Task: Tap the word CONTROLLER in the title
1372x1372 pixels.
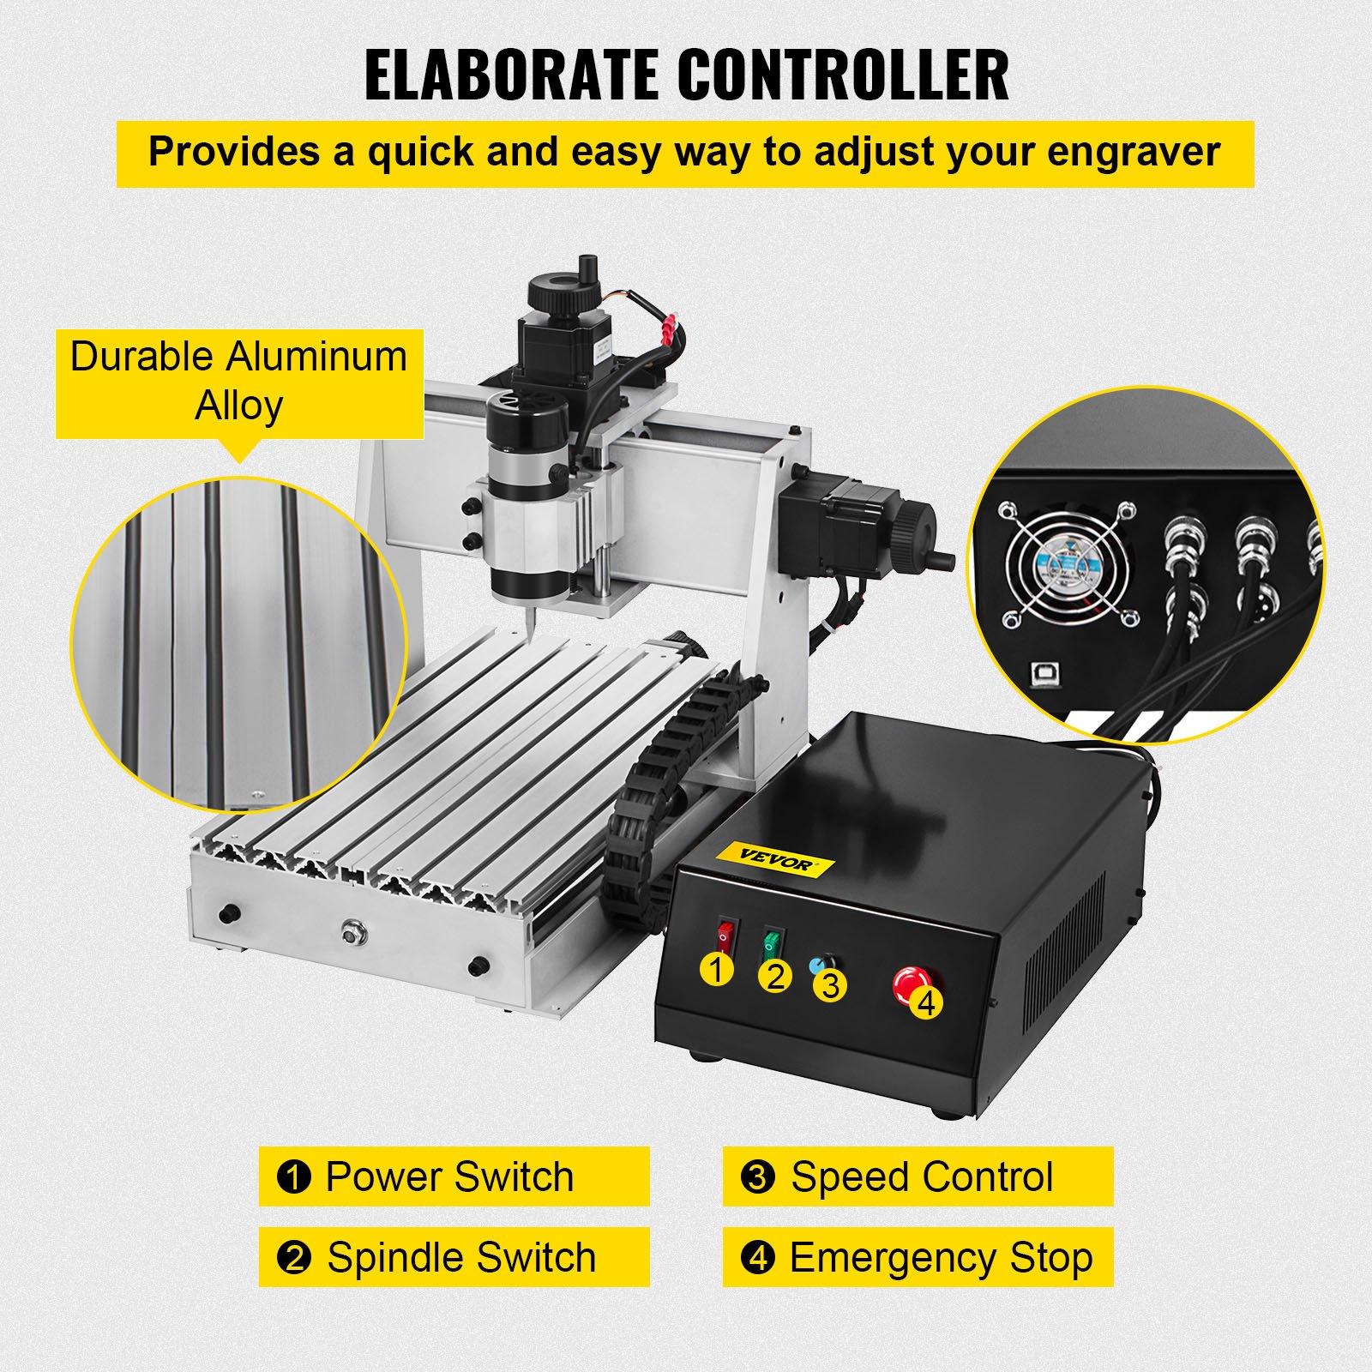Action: point(845,75)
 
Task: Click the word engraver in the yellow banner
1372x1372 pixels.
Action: point(1132,153)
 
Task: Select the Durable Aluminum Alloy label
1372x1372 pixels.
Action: point(239,382)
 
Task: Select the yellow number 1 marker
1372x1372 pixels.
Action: point(717,970)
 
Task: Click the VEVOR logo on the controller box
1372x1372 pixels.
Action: point(775,859)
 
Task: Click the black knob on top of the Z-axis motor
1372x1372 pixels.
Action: point(561,292)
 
